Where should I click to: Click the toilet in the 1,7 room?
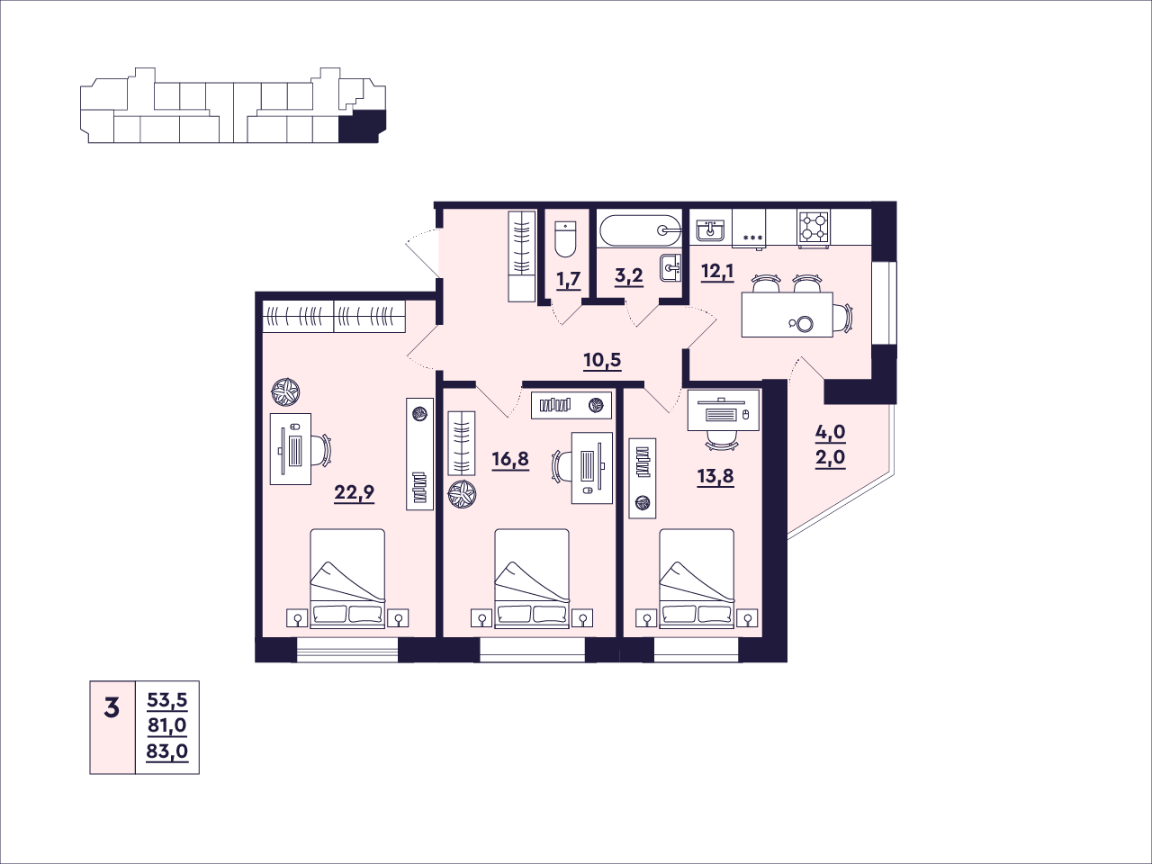click(x=565, y=238)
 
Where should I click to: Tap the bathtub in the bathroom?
click(x=640, y=229)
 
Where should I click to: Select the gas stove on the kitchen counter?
click(x=814, y=228)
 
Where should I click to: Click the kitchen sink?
click(x=711, y=230)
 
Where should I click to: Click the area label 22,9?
click(x=355, y=493)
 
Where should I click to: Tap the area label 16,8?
click(x=510, y=460)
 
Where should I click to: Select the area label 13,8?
click(x=715, y=477)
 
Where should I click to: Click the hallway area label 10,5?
click(x=602, y=360)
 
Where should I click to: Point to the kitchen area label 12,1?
click(x=717, y=272)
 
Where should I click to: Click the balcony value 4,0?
click(x=831, y=433)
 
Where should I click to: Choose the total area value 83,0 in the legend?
click(x=166, y=751)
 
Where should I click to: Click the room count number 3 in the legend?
click(x=112, y=708)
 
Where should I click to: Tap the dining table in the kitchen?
click(x=787, y=314)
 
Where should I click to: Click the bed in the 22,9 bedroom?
click(x=347, y=578)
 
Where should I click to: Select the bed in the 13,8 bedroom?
click(x=697, y=578)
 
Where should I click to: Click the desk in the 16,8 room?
click(x=591, y=468)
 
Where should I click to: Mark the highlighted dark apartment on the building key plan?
click(x=362, y=126)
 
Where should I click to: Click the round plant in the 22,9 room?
click(x=286, y=392)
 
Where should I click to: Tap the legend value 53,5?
click(x=167, y=700)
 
